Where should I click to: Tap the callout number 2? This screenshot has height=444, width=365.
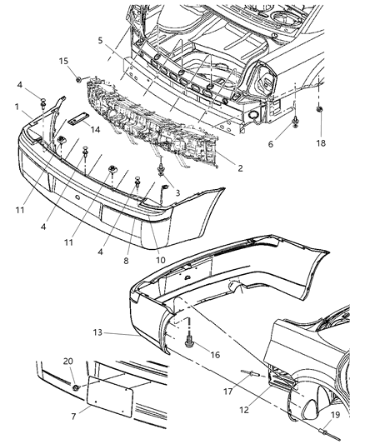[x=239, y=167]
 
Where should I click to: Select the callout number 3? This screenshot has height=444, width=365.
[x=176, y=192]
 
